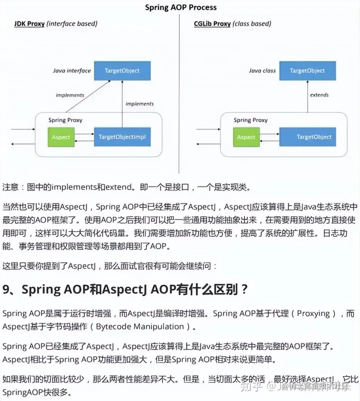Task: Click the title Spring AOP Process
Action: (x=180, y=7)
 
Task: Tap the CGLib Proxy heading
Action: (x=212, y=24)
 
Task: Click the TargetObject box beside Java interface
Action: (x=122, y=70)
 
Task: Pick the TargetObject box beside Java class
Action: (x=307, y=70)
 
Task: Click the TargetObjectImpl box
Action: (x=122, y=136)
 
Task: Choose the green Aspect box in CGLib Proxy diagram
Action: (x=246, y=136)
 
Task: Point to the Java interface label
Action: (x=72, y=71)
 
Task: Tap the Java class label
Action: (x=262, y=71)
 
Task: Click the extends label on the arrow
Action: (x=319, y=94)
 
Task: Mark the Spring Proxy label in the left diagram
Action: (x=65, y=120)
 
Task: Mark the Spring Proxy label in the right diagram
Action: (x=250, y=120)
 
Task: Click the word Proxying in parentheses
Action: (x=313, y=313)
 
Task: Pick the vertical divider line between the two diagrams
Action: (x=179, y=100)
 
